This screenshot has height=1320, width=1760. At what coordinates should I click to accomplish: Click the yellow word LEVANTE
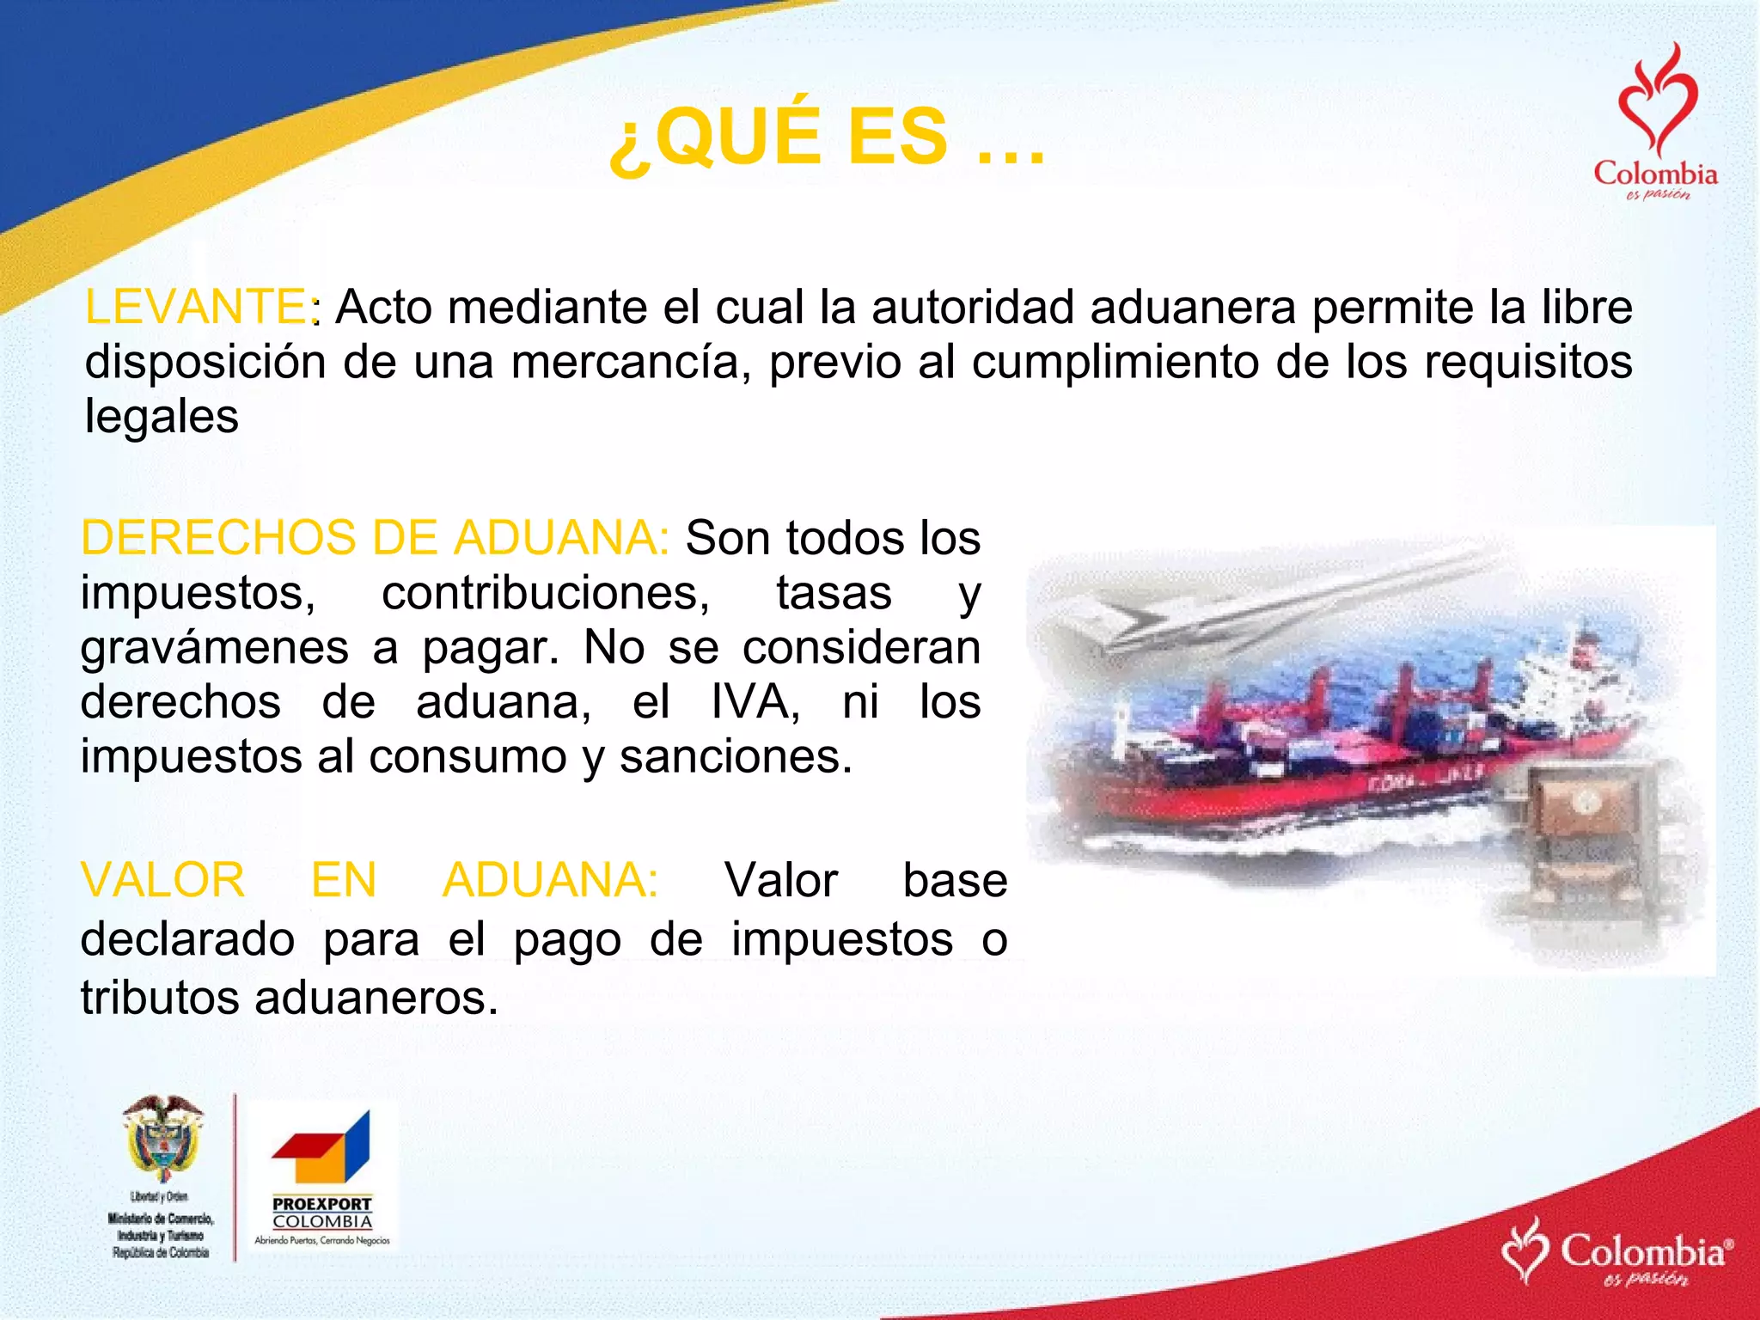click(195, 307)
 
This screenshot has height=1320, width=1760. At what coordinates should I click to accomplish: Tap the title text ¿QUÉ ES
click(778, 137)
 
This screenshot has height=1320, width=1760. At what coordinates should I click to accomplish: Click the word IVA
click(755, 702)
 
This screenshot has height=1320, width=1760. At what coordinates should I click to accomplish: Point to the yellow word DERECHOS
click(218, 538)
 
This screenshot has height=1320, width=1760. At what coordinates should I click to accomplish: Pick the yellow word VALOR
click(163, 880)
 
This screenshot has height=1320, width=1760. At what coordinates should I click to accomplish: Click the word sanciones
click(736, 757)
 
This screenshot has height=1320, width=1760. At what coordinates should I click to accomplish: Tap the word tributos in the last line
click(160, 999)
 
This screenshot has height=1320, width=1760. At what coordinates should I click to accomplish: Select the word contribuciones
click(546, 593)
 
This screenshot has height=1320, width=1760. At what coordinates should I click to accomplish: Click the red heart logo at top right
click(1656, 103)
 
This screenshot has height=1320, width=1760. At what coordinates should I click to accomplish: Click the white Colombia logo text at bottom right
click(1641, 1251)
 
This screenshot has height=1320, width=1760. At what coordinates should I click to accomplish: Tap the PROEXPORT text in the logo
click(322, 1204)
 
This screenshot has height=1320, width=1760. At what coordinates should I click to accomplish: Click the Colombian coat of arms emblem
click(162, 1139)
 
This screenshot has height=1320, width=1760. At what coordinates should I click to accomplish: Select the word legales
click(162, 417)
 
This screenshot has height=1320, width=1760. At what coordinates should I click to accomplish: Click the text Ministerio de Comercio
click(161, 1218)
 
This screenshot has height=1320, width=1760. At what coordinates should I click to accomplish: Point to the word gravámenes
click(215, 647)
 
